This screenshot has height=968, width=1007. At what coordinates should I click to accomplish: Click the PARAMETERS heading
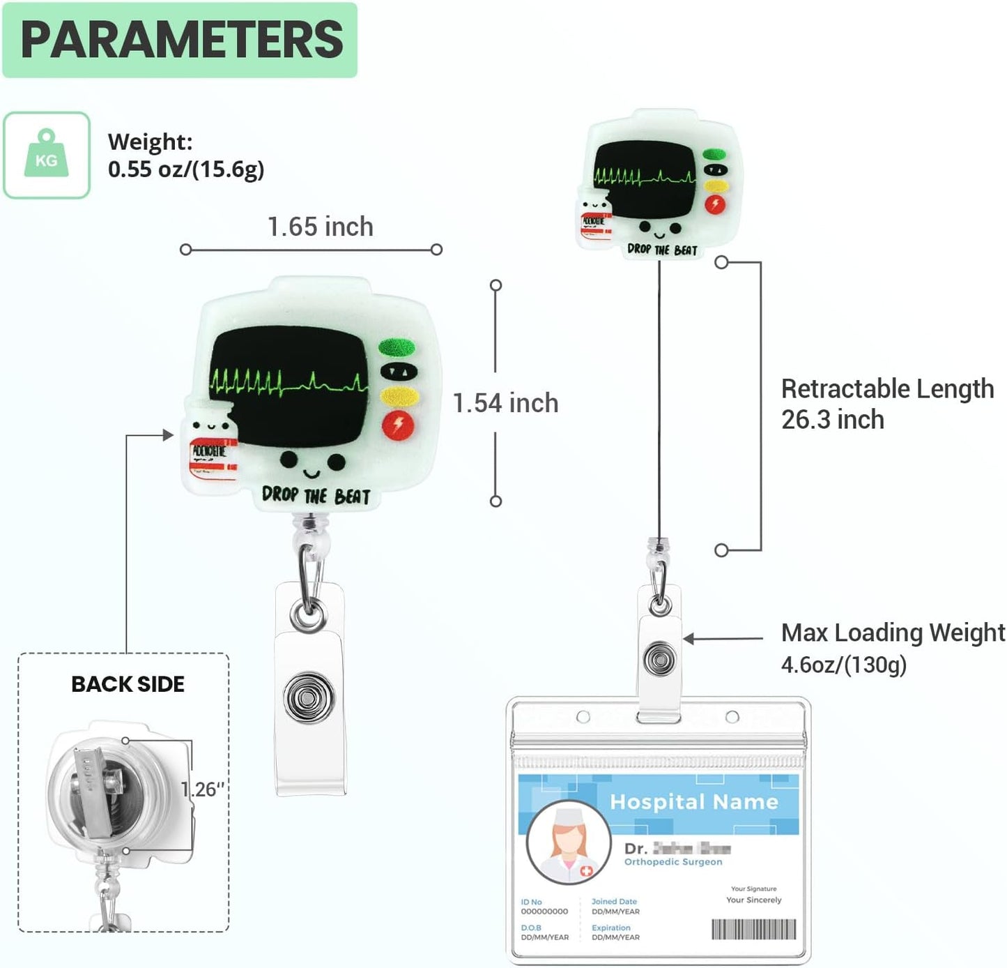pos(181,40)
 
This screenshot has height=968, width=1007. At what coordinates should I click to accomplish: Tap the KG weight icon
pos(47,155)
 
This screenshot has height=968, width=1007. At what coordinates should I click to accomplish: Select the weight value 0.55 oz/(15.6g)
pos(186,169)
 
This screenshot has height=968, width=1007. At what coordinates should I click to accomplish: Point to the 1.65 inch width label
pos(321,227)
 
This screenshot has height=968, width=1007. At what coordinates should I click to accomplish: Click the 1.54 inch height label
pos(505,403)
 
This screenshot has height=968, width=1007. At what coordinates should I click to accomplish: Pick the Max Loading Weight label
pos(893,633)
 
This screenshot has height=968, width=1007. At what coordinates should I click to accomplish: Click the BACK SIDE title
pos(128,684)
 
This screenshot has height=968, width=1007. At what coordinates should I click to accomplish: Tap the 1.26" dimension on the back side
pos(203,789)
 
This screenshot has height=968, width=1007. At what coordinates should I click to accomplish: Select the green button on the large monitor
pos(397,347)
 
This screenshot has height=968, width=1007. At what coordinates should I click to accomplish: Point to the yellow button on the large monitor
pos(399,398)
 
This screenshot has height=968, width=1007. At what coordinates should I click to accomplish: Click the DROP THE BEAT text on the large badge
pos(316,496)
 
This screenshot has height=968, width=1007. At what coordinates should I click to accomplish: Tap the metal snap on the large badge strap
pos(309,697)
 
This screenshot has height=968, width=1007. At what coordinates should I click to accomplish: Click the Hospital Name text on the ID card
pos(693,802)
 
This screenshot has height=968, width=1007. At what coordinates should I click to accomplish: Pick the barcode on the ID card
pos(753,929)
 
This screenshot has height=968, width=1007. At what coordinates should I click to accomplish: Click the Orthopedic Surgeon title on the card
pos(673,862)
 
